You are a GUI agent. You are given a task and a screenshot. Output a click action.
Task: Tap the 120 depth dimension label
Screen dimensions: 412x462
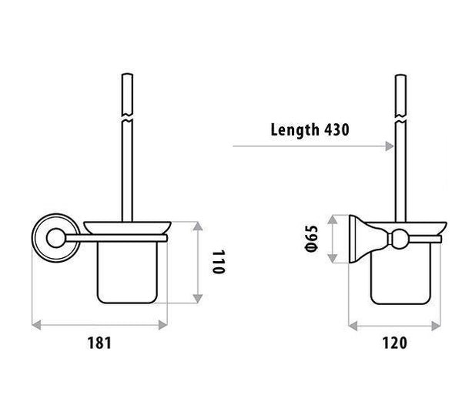coord(393,343)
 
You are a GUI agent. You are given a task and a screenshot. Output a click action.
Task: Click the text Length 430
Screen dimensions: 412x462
coord(310,129)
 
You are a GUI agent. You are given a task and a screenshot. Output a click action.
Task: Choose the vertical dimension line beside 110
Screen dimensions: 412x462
coord(200,262)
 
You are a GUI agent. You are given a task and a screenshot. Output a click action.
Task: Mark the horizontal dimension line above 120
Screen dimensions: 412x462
coord(394,325)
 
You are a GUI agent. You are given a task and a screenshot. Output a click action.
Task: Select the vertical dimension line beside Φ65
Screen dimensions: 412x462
coord(333,239)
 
